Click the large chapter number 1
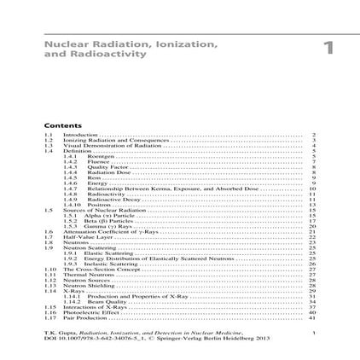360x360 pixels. [328, 47]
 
